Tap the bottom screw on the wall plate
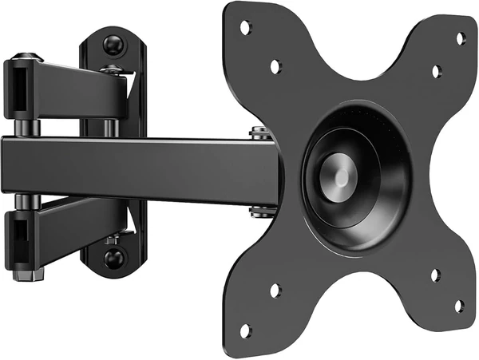click(x=114, y=257)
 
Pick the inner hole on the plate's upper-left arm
click(x=275, y=67)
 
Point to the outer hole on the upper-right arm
click(x=461, y=38)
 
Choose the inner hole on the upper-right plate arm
click(x=436, y=72)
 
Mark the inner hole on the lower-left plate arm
click(x=275, y=290)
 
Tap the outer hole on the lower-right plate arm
click(x=460, y=305)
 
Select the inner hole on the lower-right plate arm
click(x=435, y=275)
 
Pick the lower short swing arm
click(x=72, y=231)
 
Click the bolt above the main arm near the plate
click(x=258, y=133)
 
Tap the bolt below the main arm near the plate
click(x=258, y=211)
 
